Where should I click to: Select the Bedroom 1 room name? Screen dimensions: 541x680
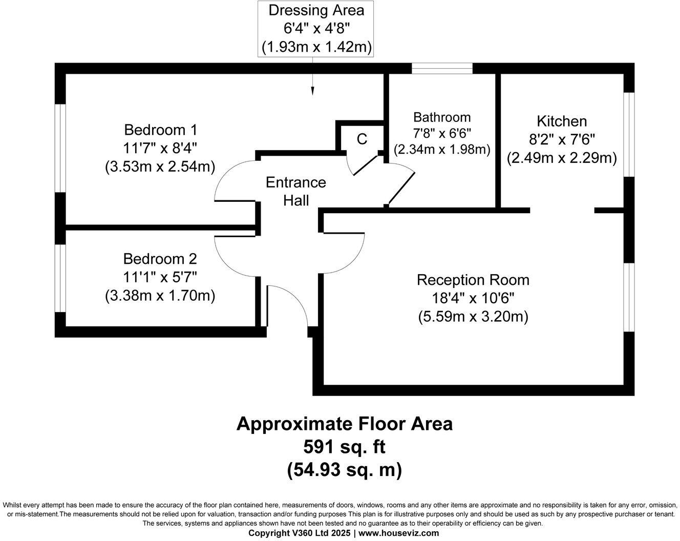tap(160, 130)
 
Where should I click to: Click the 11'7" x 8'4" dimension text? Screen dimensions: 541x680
tap(160, 148)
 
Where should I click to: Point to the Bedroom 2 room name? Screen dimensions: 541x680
tap(160, 259)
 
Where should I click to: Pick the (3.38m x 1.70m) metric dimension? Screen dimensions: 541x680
tap(160, 296)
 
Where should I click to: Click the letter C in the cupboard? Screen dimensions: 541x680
tap(362, 139)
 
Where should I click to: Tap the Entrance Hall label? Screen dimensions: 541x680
tap(296, 191)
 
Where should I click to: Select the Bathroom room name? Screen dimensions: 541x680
tap(442, 117)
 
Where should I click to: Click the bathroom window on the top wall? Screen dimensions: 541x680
tap(442, 68)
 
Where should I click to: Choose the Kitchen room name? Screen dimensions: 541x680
tap(562, 121)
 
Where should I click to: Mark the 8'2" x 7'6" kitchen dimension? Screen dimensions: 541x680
tap(562, 139)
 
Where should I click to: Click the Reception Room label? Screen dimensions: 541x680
tap(473, 280)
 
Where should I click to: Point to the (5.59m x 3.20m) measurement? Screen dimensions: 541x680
tap(473, 317)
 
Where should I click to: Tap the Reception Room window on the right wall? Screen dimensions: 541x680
tap(629, 297)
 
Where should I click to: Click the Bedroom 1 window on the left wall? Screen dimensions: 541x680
tap(60, 148)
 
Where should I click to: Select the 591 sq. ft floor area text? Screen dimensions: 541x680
tap(344, 447)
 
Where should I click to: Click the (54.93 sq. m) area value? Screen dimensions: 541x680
tap(344, 469)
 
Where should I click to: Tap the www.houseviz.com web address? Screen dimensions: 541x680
tap(398, 533)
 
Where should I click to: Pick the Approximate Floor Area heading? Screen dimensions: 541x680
tap(344, 424)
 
